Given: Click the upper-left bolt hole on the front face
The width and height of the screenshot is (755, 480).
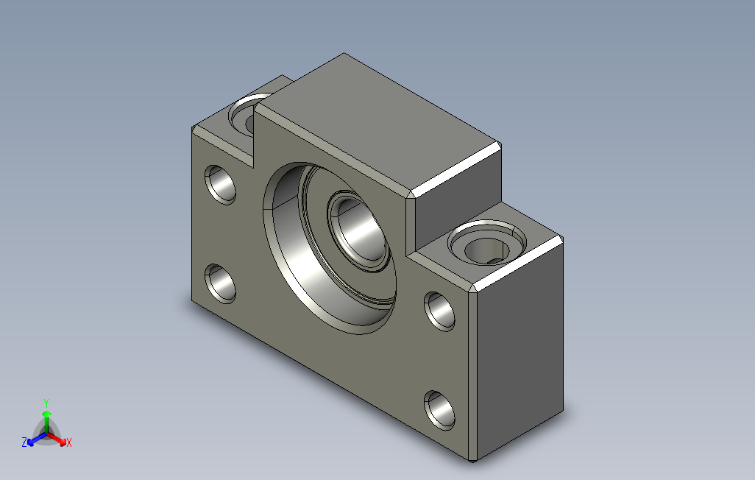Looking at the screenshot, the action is (x=220, y=185).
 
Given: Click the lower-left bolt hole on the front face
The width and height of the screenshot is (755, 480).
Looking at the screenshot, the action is (x=220, y=284).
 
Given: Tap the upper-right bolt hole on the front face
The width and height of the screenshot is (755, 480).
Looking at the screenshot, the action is (x=439, y=311).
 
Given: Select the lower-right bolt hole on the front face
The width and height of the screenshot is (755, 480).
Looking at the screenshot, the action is (x=439, y=411).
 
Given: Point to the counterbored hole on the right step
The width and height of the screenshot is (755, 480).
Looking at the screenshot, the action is (x=487, y=242).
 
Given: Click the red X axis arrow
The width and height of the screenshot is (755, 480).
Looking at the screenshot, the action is (x=57, y=439).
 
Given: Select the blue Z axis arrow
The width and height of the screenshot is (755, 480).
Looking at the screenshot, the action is (x=37, y=439).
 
